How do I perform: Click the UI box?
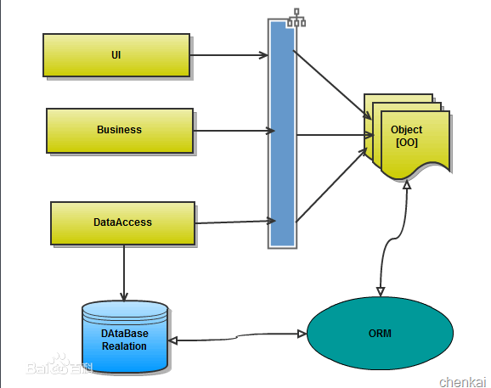(x=116, y=55)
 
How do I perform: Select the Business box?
(x=120, y=131)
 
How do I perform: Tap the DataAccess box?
(x=122, y=223)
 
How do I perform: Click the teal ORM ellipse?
(x=380, y=334)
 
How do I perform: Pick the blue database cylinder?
(x=125, y=337)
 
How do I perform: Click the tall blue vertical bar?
(x=282, y=134)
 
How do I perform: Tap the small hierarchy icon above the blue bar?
(x=296, y=18)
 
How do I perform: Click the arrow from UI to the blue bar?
(x=229, y=55)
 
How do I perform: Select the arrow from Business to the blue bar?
(x=234, y=131)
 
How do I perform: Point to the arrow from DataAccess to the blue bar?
(x=235, y=222)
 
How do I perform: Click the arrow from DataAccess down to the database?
(x=124, y=273)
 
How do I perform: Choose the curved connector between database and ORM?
(x=237, y=337)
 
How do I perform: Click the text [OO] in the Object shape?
(x=407, y=143)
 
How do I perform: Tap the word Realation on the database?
(x=124, y=346)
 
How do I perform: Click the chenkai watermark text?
(x=462, y=382)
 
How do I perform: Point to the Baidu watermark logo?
(x=59, y=365)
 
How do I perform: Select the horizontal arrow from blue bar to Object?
(x=335, y=135)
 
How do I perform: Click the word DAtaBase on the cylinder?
(x=125, y=334)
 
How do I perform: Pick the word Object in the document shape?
(x=406, y=130)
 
